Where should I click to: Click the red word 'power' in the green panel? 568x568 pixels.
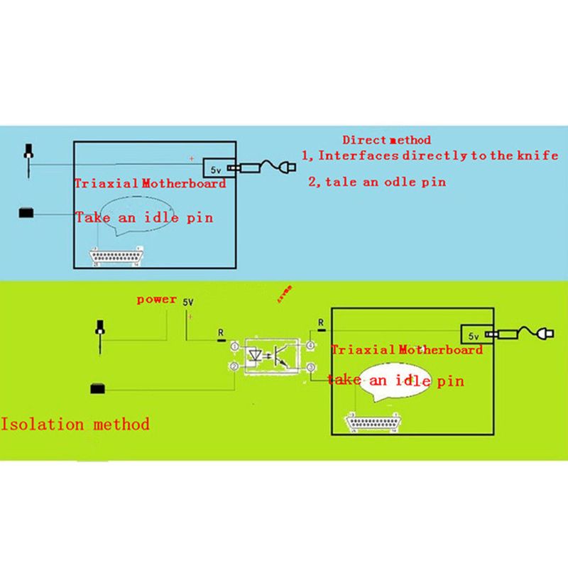(157, 300)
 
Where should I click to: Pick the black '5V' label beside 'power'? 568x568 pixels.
(188, 302)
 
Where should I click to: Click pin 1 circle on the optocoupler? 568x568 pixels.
(235, 346)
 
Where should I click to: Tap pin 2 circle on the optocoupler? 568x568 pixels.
(235, 366)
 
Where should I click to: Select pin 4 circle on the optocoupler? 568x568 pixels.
(310, 346)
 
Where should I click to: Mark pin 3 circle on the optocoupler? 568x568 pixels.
(310, 366)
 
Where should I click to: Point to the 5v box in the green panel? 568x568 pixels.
(471, 334)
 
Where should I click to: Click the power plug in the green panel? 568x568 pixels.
(547, 335)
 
